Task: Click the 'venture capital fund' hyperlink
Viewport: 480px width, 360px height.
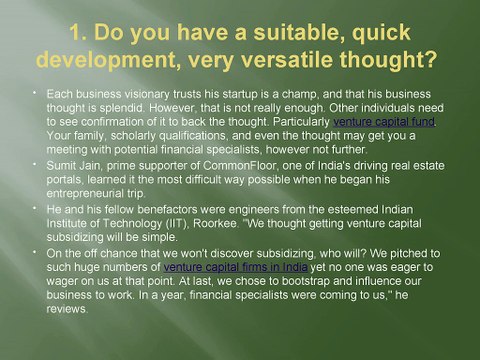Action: (384, 122)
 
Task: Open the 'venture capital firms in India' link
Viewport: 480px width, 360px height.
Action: (235, 267)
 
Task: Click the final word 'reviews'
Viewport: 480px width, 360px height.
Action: (67, 309)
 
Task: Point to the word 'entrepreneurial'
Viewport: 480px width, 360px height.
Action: (83, 194)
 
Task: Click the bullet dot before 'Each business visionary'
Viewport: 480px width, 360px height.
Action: (34, 92)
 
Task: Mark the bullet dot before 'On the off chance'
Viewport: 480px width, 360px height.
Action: (34, 252)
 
